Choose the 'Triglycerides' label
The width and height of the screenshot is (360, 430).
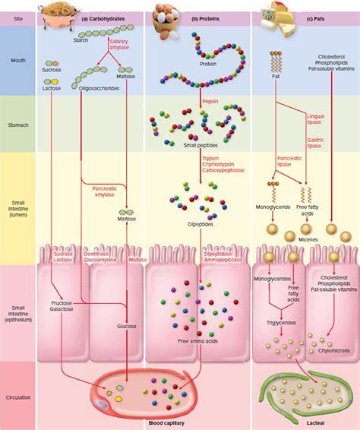[280, 322]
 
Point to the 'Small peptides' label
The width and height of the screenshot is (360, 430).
[201, 145]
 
